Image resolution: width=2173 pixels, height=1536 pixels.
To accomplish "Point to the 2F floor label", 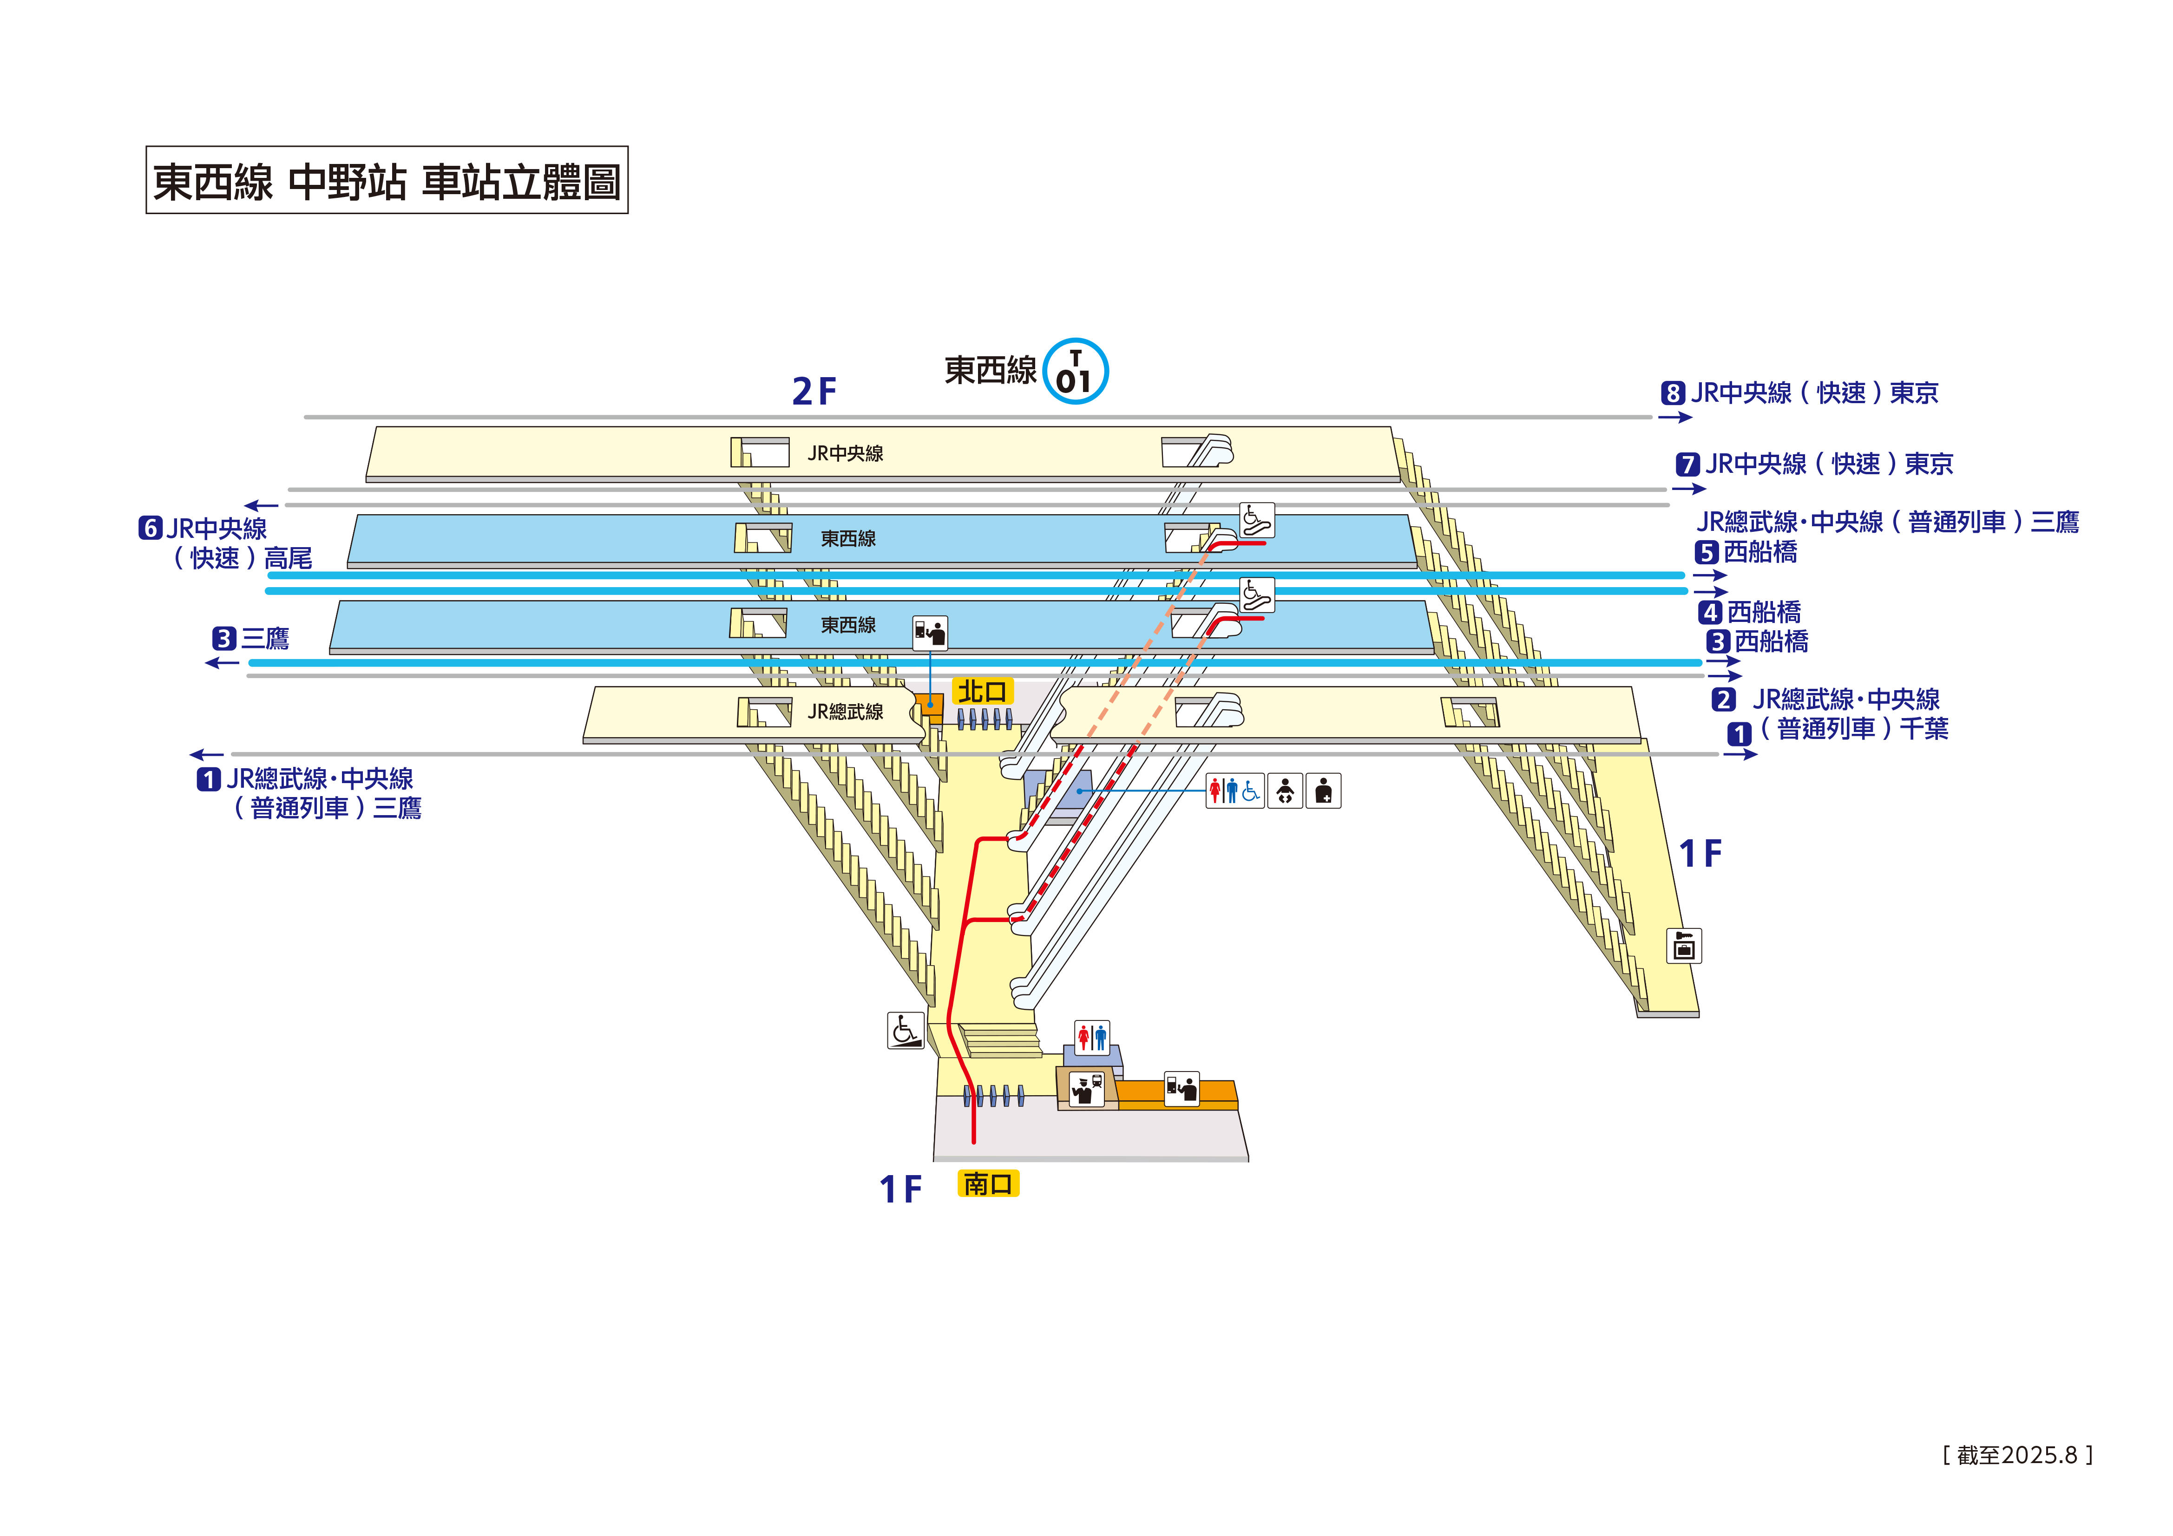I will (x=814, y=391).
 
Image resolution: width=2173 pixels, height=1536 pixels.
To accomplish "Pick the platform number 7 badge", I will (x=1687, y=464).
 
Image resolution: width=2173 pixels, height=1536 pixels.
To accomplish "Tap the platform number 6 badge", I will (x=151, y=528).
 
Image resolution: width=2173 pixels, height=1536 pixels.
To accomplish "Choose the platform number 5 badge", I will (x=1707, y=553).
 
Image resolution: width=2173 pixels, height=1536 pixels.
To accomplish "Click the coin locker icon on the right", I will (x=1684, y=946).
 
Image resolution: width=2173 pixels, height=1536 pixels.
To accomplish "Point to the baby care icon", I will (x=1284, y=790).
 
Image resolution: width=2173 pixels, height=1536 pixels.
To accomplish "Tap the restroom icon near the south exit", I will (x=1091, y=1037).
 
